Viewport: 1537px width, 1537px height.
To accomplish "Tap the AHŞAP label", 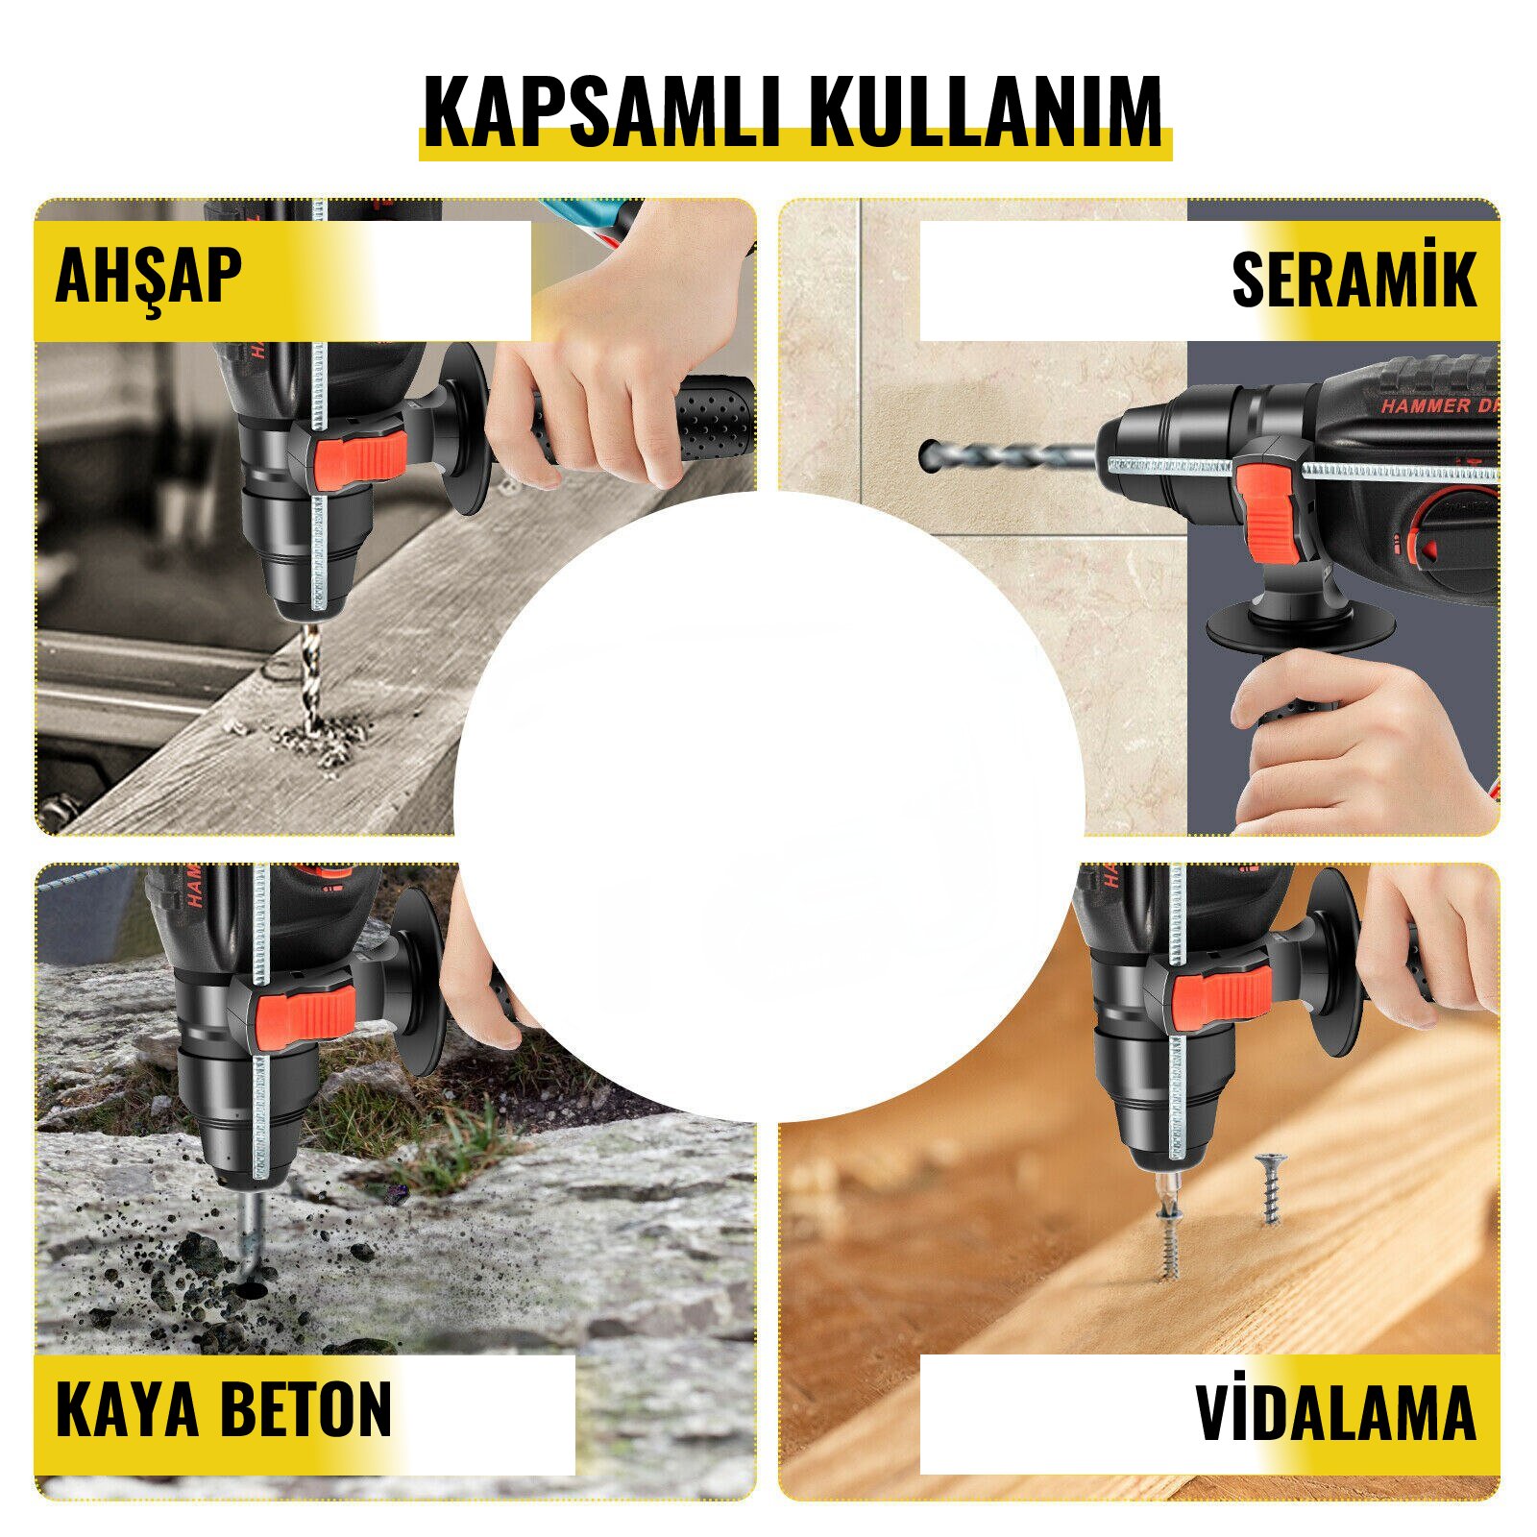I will point(148,276).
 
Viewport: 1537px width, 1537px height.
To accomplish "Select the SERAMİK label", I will point(1354,280).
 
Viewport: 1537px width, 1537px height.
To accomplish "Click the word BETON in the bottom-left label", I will point(306,1409).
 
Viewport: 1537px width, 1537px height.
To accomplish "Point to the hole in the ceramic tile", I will point(930,454).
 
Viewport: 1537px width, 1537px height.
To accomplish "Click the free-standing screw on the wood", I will point(1270,1188).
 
